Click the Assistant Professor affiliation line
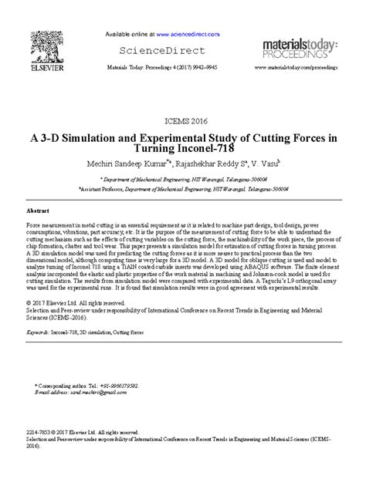(183, 187)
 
